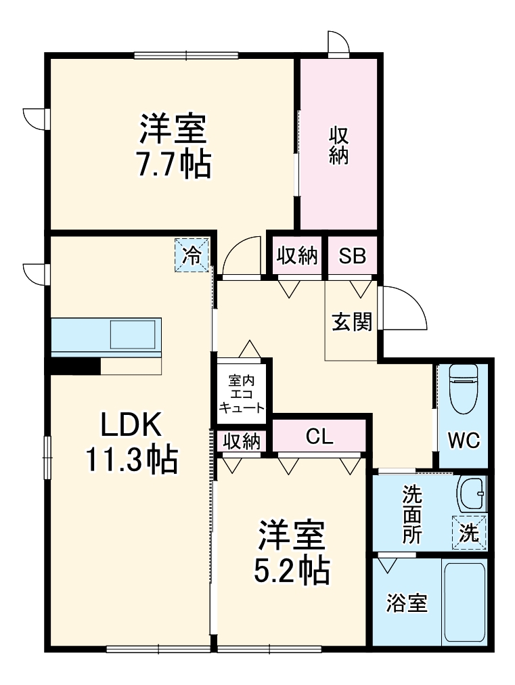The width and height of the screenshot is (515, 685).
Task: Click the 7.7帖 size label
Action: tap(173, 164)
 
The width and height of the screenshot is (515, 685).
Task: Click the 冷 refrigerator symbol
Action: tap(192, 256)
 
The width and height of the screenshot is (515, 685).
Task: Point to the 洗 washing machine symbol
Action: tap(469, 531)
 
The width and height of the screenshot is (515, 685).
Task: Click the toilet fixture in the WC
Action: tap(464, 393)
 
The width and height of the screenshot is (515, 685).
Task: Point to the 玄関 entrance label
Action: tap(352, 322)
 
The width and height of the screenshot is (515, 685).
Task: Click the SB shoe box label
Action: tap(352, 256)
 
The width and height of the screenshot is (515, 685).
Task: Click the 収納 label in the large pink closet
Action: tap(338, 145)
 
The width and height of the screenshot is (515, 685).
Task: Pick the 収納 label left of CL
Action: tap(242, 441)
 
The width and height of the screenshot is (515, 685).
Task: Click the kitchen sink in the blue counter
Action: tap(133, 334)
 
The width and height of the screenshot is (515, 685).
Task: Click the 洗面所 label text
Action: tap(411, 514)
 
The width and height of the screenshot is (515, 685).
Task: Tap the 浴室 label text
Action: tap(407, 602)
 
